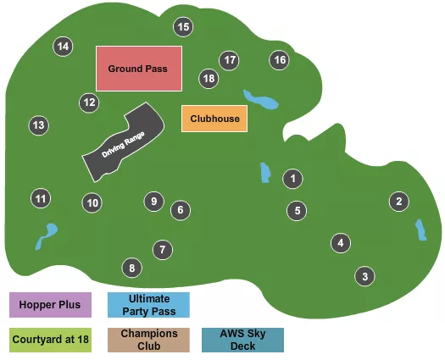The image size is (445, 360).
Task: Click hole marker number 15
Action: click(183, 27)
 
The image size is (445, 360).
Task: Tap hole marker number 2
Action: click(398, 202)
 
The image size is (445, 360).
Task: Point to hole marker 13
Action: click(37, 125)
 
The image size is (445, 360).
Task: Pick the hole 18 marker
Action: click(209, 78)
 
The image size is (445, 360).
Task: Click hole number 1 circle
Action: click(292, 179)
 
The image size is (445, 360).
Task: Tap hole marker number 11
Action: click(41, 199)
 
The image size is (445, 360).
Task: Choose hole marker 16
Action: click(280, 60)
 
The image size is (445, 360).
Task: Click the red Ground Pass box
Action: click(138, 69)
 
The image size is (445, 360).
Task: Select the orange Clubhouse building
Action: click(215, 119)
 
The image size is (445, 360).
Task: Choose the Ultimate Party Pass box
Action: click(149, 304)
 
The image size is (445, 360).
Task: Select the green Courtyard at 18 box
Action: click(50, 340)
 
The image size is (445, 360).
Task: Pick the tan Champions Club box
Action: click(149, 340)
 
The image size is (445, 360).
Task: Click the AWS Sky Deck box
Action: click(242, 340)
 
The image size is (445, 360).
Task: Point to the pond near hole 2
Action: click(420, 230)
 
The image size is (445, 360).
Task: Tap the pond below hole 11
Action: click(47, 235)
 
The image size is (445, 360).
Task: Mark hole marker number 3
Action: click(364, 276)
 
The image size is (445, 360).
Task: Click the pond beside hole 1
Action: click(264, 174)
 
